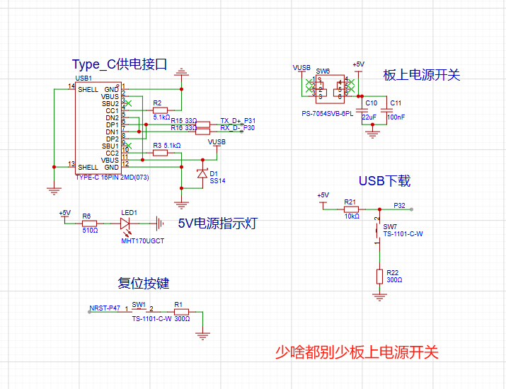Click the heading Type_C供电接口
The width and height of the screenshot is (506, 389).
[119, 65]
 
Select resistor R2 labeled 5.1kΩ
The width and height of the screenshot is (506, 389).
[161, 110]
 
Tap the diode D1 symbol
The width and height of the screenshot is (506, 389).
[202, 173]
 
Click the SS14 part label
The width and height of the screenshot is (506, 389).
[217, 181]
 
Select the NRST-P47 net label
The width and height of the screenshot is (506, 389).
[105, 308]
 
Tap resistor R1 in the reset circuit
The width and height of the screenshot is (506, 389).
[182, 311]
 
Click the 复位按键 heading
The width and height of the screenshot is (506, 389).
[144, 284]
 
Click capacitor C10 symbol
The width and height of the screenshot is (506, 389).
[362, 111]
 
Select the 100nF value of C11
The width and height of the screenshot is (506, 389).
[396, 117]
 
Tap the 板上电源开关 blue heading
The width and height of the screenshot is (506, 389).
[422, 74]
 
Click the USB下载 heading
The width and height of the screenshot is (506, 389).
[384, 181]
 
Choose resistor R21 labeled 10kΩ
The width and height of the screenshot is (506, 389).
[351, 209]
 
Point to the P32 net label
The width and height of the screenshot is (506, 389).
[400, 206]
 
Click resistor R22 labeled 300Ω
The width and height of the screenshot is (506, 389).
[379, 276]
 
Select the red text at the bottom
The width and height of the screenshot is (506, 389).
[357, 352]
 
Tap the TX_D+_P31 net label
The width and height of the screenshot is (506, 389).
[238, 121]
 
